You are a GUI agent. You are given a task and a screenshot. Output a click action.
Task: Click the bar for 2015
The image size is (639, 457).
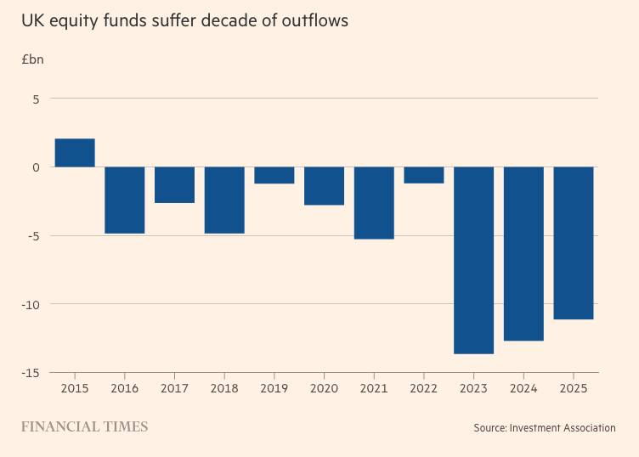coord(75,153)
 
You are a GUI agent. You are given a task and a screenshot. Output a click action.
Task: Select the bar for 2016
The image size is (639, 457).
coord(125,200)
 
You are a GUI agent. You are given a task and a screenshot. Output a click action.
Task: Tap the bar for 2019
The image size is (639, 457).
coord(274,175)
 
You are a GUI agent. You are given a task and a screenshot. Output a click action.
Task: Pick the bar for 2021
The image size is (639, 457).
coord(374,203)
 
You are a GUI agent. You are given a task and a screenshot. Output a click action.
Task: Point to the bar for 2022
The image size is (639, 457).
coord(424,175)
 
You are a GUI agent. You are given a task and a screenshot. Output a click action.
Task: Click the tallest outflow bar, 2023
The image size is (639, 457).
coord(473,260)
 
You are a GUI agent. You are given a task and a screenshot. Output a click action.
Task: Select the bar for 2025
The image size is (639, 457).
coord(574,243)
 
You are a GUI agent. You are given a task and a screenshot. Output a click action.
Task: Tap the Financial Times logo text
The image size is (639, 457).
coord(84,426)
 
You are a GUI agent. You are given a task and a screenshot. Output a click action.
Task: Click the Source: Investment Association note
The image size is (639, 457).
coord(545,427)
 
